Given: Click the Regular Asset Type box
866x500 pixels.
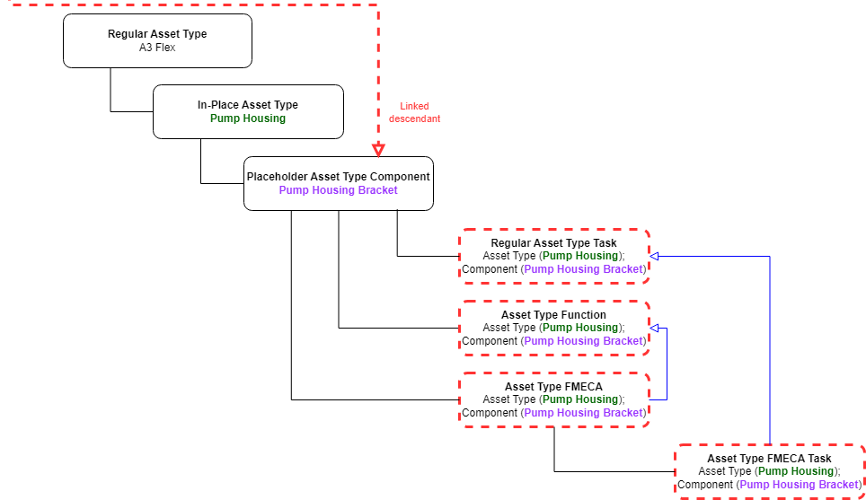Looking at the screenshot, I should (157, 40).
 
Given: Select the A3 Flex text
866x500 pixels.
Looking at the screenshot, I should (157, 48).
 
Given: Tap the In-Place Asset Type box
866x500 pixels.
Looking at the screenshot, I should (248, 111).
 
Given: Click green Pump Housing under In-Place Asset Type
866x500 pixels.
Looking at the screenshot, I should (248, 118).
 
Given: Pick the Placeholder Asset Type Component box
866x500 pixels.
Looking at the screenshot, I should (338, 183).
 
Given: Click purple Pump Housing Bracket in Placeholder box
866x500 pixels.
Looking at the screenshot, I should (338, 190).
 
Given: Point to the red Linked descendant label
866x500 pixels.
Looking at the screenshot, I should (414, 112).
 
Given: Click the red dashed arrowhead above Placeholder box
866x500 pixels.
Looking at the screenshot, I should (379, 149).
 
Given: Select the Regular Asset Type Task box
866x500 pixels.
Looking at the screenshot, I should (553, 256).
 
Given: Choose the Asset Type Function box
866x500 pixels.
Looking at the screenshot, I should (553, 328).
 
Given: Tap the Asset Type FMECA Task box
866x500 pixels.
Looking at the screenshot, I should (769, 471).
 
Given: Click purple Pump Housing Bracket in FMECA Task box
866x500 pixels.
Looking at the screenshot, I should (799, 485).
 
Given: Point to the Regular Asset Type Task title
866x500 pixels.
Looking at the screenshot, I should (553, 243).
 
